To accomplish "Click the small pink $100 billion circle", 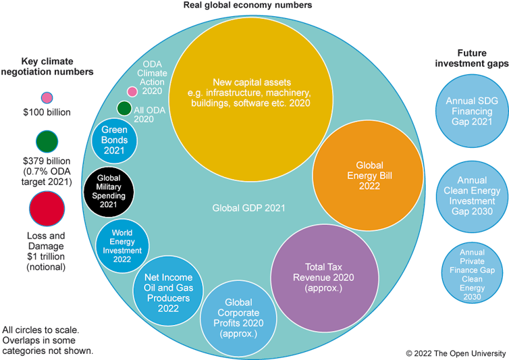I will coord(47,99).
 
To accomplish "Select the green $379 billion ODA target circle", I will coord(47,142).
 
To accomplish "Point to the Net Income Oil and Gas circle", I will coord(163,288).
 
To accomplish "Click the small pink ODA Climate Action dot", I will coord(132,91).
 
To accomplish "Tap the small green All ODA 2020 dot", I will coord(124,108).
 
